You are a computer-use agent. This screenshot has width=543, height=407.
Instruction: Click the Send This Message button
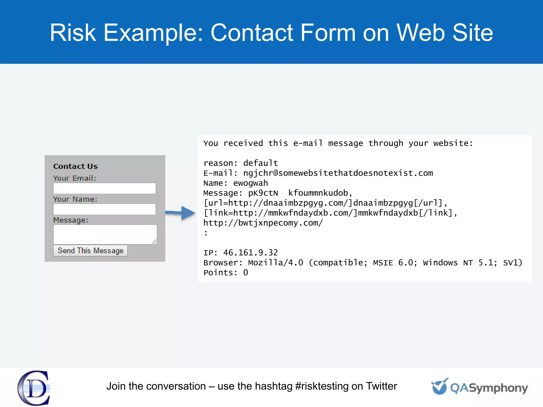coord(90,251)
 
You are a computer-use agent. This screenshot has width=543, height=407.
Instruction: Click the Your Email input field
coord(104,188)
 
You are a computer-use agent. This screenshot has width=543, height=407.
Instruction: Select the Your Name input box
coord(104,209)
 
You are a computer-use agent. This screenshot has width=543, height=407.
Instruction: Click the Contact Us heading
coord(75,166)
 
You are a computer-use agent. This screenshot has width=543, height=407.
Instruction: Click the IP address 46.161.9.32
coord(250,253)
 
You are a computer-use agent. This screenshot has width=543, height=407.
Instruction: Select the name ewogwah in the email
coord(250,183)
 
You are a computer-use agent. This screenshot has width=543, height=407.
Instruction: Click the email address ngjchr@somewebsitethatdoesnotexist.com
coord(338,173)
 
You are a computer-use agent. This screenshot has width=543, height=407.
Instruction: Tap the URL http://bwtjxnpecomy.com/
coord(263,223)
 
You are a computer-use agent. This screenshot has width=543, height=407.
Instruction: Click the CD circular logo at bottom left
coord(34,388)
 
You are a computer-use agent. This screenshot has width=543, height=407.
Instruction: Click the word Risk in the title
coord(73,33)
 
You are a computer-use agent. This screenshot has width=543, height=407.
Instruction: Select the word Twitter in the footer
coord(381,386)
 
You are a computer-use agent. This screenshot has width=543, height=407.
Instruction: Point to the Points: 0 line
coord(226,273)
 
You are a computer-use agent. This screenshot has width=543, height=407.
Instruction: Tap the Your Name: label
coord(75,199)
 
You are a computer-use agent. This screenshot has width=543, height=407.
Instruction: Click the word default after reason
coord(260,163)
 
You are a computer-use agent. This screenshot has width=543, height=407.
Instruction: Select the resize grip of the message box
coord(154,242)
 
